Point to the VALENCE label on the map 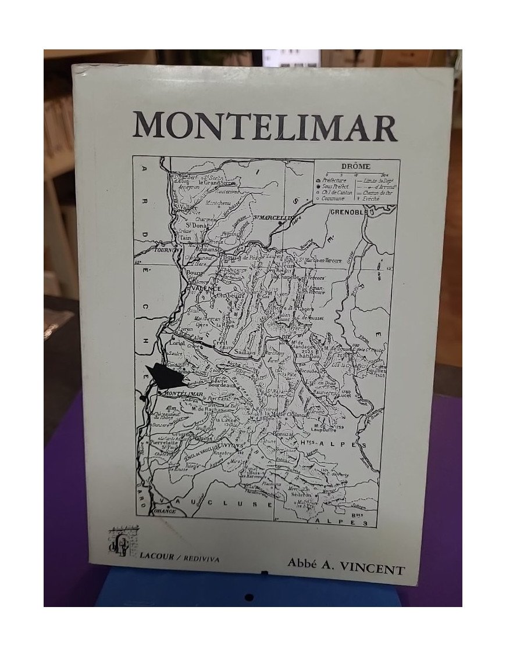point(204,287)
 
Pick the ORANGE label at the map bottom point(166,512)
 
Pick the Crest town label point(220,343)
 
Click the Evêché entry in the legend point(370,198)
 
